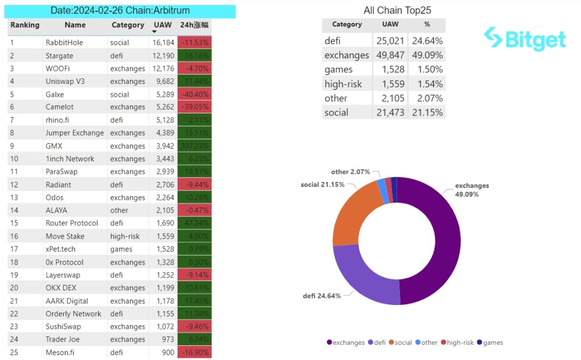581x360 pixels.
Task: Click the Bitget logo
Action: (x=525, y=39)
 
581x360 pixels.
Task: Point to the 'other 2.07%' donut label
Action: (x=350, y=172)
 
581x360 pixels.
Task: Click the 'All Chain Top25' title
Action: (x=397, y=10)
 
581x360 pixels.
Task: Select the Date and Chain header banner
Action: (x=121, y=11)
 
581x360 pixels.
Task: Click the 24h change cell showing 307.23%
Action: (x=195, y=146)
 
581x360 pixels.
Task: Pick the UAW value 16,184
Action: (x=164, y=42)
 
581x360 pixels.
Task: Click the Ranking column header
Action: (x=25, y=25)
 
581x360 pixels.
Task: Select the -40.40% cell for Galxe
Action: (x=195, y=94)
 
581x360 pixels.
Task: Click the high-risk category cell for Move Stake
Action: (x=125, y=236)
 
